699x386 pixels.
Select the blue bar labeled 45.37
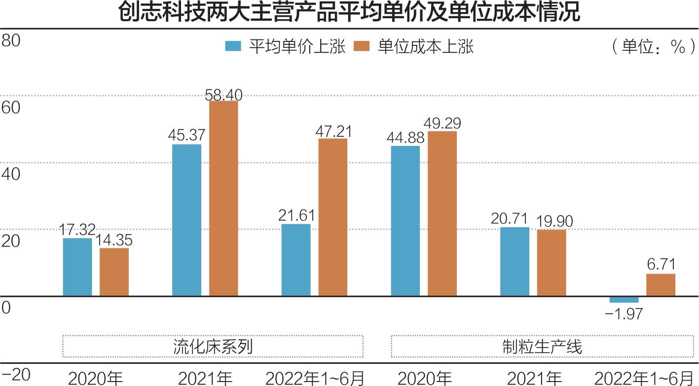[x=186, y=220]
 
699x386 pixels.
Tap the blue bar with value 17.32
[x=77, y=267]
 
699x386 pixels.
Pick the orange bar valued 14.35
[x=114, y=272]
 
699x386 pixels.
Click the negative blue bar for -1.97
[x=624, y=299]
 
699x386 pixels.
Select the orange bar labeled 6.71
[x=661, y=284]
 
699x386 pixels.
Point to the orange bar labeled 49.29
[x=442, y=213]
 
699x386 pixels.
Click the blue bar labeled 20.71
[x=515, y=261]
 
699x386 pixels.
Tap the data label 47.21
[x=332, y=131]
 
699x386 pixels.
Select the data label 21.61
[x=295, y=216]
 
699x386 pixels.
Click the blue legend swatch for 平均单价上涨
[x=233, y=46]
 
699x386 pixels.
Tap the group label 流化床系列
[x=213, y=347]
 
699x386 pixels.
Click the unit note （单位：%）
[x=650, y=47]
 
